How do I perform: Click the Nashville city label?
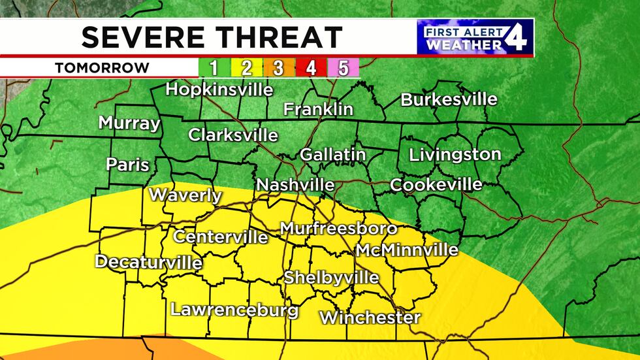coord(295,186)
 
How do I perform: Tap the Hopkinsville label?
coord(219,90)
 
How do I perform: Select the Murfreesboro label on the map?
coord(338,229)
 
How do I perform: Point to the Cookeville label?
coord(436,185)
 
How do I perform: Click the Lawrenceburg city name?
coord(234,310)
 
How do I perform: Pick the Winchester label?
coord(370,318)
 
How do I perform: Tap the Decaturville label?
coord(148,262)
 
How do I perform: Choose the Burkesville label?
coord(449,100)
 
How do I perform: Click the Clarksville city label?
coord(233,135)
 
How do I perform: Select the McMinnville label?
coord(406,250)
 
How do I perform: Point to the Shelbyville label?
coord(330,278)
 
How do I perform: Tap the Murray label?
coord(129,123)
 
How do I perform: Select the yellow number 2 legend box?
coord(247,68)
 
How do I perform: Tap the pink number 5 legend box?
coord(343,68)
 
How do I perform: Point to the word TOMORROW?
coord(101,68)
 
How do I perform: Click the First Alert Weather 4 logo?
coord(475,37)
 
